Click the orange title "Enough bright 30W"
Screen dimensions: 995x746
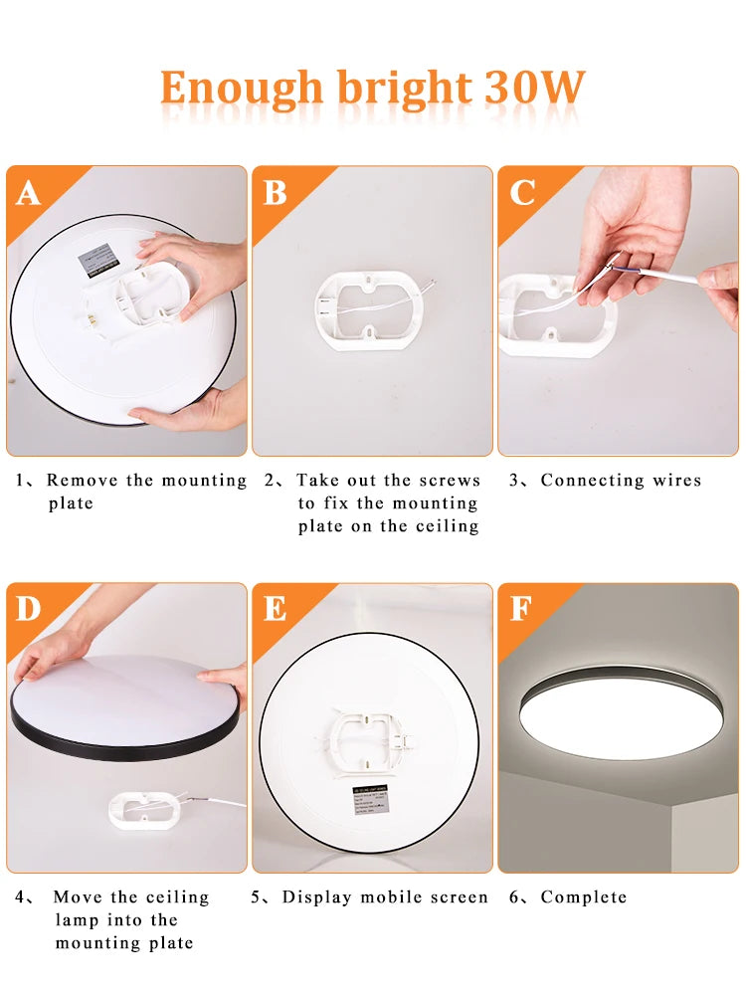pyautogui.click(x=372, y=89)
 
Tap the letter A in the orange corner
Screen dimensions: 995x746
pyautogui.click(x=28, y=192)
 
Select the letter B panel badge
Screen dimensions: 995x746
pyautogui.click(x=275, y=192)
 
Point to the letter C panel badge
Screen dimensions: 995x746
pyautogui.click(x=522, y=192)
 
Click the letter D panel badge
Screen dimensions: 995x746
pyautogui.click(x=28, y=609)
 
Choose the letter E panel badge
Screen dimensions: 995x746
pyautogui.click(x=275, y=609)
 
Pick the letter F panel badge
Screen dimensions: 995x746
pyautogui.click(x=520, y=609)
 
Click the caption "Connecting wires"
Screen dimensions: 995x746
pyautogui.click(x=621, y=481)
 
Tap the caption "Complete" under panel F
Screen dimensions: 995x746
pyautogui.click(x=583, y=897)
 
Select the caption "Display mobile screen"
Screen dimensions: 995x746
pyautogui.click(x=385, y=897)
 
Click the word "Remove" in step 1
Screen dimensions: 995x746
pyautogui.click(x=79, y=481)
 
